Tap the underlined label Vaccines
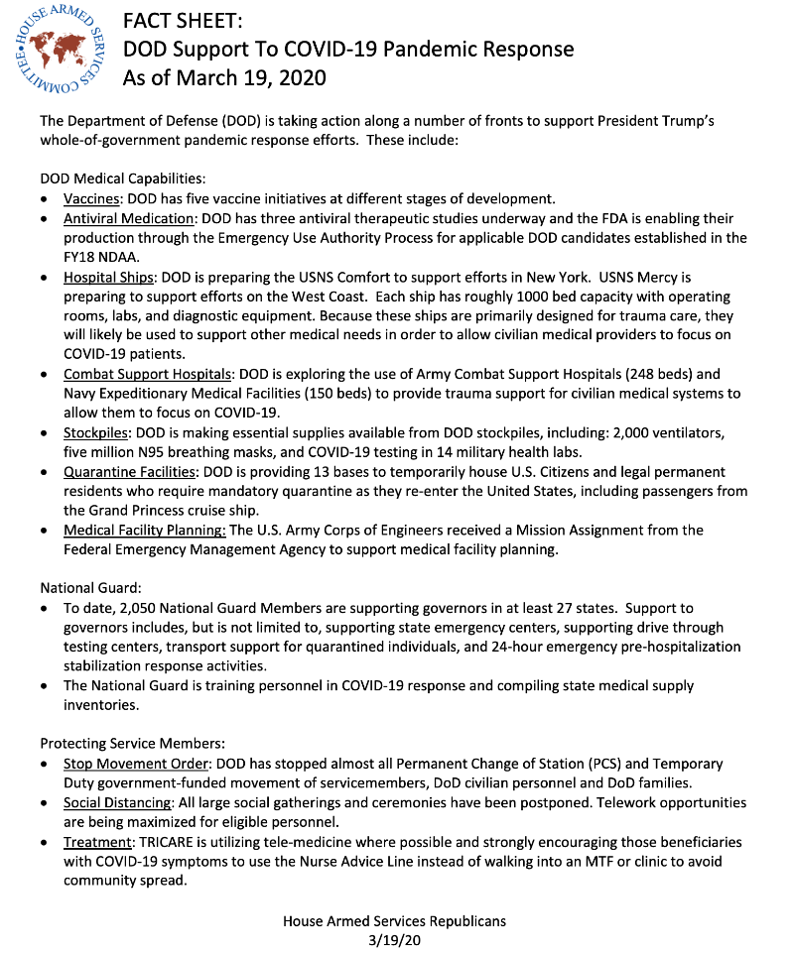92,198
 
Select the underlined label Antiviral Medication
129,217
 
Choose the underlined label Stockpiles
95,432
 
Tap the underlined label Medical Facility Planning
145,530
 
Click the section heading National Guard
89,587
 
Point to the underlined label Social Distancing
117,802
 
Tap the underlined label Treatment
97,842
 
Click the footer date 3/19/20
395,939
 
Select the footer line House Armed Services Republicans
395,921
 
